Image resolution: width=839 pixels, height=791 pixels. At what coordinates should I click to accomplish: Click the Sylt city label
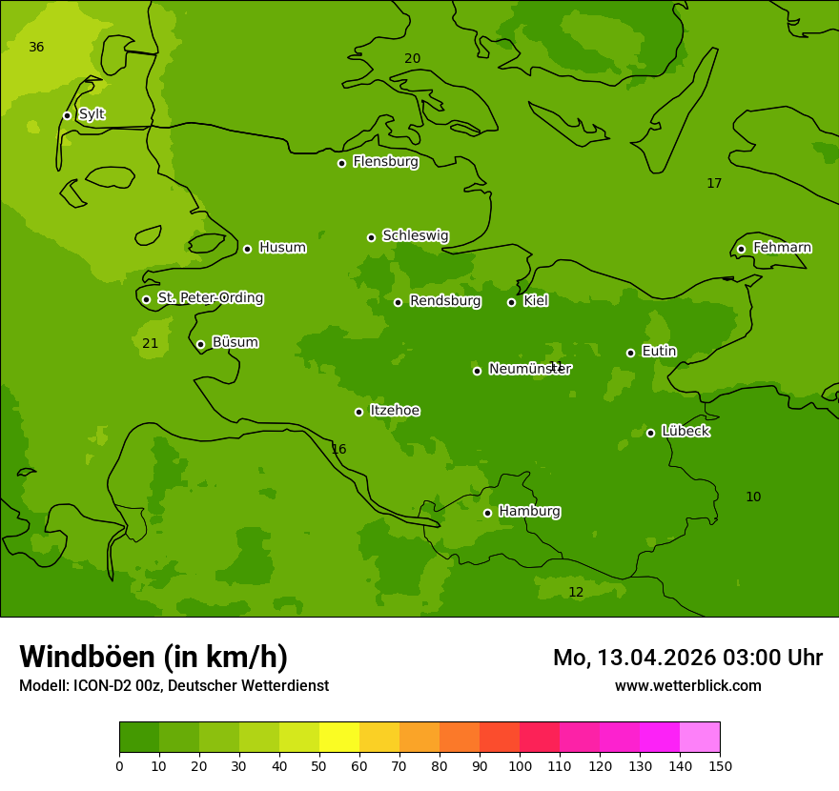(x=92, y=114)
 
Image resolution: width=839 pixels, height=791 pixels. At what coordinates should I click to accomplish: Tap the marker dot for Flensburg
(x=341, y=163)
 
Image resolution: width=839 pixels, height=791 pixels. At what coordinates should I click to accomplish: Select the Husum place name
(x=282, y=248)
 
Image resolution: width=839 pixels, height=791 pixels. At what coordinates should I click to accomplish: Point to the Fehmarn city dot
(x=741, y=249)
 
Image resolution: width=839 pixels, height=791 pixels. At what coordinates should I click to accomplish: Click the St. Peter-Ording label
(x=210, y=298)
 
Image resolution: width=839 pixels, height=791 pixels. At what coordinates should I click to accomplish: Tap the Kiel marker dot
(x=511, y=302)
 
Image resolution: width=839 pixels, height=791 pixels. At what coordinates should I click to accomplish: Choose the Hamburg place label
(x=529, y=512)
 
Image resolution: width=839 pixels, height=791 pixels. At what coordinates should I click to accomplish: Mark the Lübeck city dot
(x=650, y=433)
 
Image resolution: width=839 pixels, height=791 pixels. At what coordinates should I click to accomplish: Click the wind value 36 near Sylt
(x=36, y=48)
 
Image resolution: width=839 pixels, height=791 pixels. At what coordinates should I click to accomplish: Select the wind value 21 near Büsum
(x=150, y=343)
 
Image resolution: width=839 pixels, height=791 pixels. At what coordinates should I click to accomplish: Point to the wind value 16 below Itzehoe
(x=338, y=450)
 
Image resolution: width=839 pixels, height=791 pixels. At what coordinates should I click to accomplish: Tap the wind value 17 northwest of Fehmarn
(x=714, y=184)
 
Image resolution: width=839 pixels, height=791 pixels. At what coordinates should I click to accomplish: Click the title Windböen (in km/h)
(x=153, y=657)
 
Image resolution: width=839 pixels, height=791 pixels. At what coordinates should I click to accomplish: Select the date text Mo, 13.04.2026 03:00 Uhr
(x=687, y=658)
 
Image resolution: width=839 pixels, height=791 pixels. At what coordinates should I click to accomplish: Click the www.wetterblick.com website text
(x=687, y=686)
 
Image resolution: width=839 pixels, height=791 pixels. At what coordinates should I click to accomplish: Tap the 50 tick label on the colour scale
(x=319, y=765)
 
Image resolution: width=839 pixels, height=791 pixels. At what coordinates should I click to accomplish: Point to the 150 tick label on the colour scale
(x=719, y=765)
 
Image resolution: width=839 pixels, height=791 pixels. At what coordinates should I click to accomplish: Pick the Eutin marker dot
(x=630, y=353)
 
